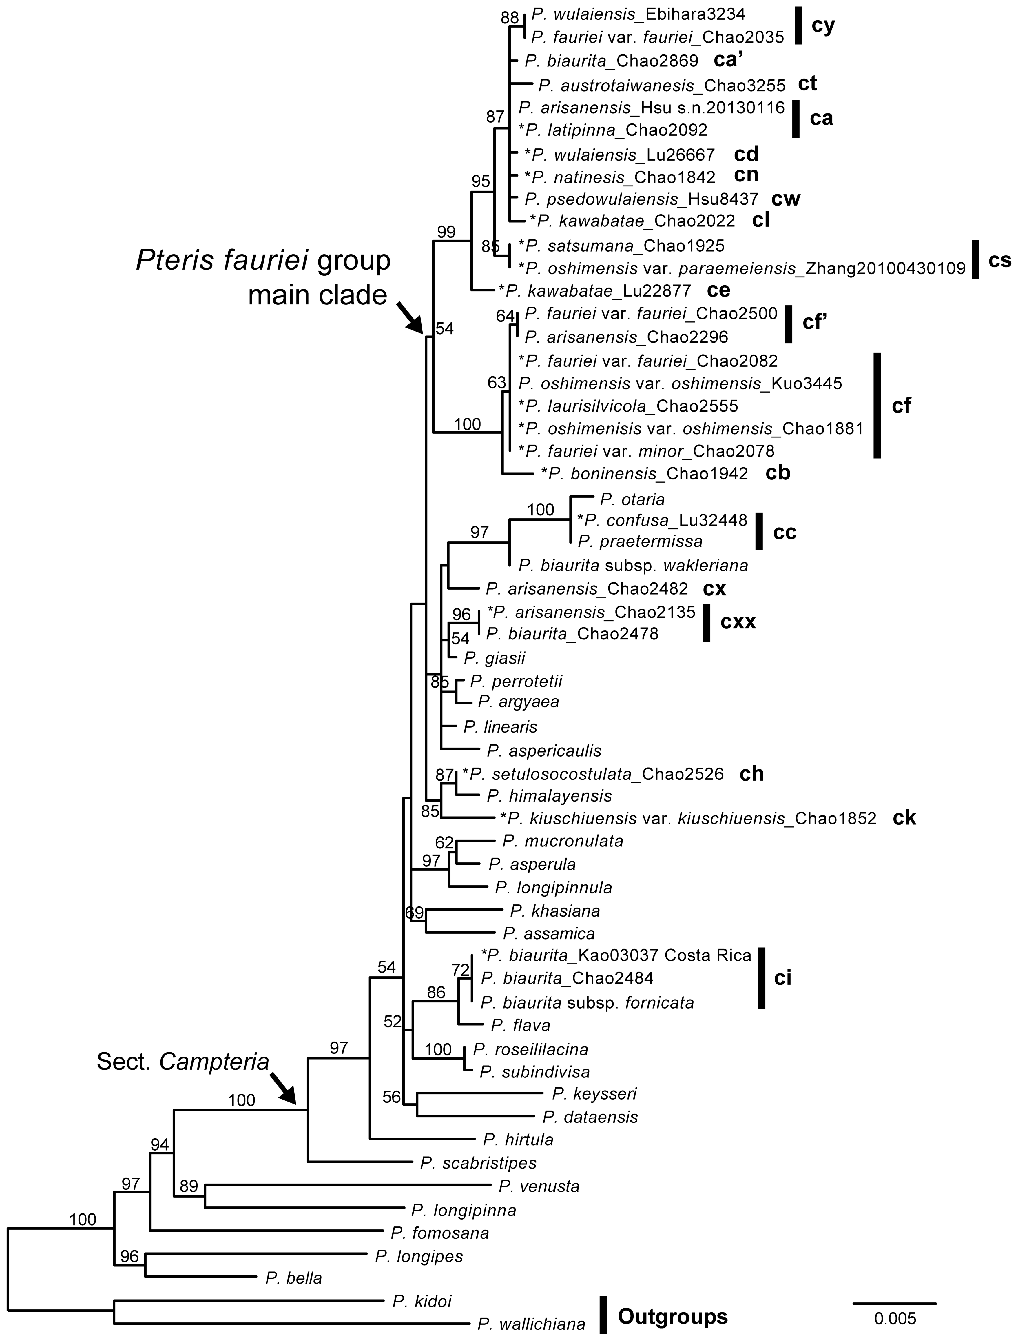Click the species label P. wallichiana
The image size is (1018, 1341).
531,1325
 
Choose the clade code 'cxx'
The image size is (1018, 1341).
738,622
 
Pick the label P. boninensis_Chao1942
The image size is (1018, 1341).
645,473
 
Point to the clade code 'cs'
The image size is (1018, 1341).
999,260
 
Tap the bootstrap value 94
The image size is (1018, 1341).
160,1144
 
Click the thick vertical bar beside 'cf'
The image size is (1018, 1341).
877,406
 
